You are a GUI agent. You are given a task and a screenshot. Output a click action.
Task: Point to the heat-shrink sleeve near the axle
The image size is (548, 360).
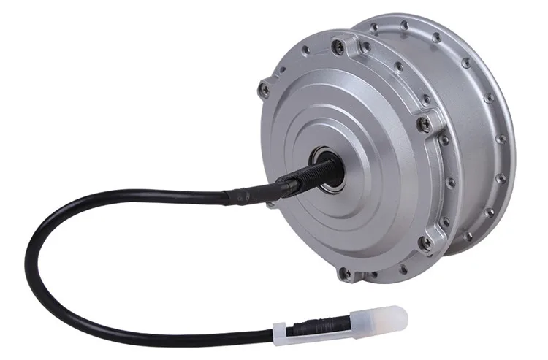coord(245,194)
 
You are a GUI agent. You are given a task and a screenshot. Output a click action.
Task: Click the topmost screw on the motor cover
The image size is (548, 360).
coord(337,47)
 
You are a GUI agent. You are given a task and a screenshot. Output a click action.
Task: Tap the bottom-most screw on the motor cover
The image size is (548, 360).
coord(345,273)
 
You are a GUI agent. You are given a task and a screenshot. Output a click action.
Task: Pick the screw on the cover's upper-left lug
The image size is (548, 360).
coord(264,91)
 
